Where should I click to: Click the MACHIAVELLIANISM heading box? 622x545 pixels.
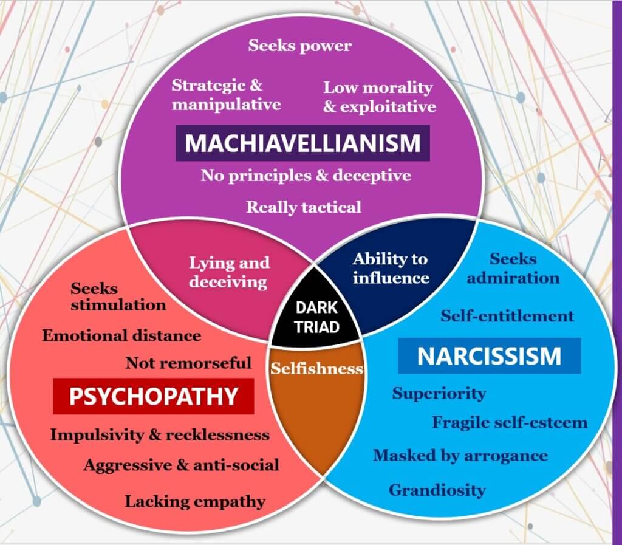(302, 143)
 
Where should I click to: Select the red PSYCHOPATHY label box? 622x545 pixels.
(153, 396)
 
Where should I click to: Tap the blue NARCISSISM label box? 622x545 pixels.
(489, 356)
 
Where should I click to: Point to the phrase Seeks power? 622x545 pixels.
(300, 46)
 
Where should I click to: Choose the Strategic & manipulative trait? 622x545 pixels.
(226, 95)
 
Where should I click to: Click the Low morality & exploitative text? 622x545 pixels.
(379, 97)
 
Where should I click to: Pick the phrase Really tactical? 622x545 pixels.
(303, 207)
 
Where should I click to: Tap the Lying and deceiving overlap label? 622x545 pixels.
(228, 272)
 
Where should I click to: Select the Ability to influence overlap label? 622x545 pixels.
(391, 269)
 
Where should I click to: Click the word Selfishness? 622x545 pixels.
(316, 369)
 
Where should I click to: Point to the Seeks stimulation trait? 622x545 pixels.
(118, 296)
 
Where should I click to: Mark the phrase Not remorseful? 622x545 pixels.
(188, 363)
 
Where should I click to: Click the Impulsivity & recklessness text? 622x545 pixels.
(160, 435)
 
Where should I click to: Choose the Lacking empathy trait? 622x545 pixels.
(195, 501)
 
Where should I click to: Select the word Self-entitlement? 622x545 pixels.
(507, 316)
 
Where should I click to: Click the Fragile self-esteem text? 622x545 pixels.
(510, 422)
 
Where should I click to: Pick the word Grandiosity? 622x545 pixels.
(437, 490)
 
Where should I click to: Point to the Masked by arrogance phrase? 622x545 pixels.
(460, 456)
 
